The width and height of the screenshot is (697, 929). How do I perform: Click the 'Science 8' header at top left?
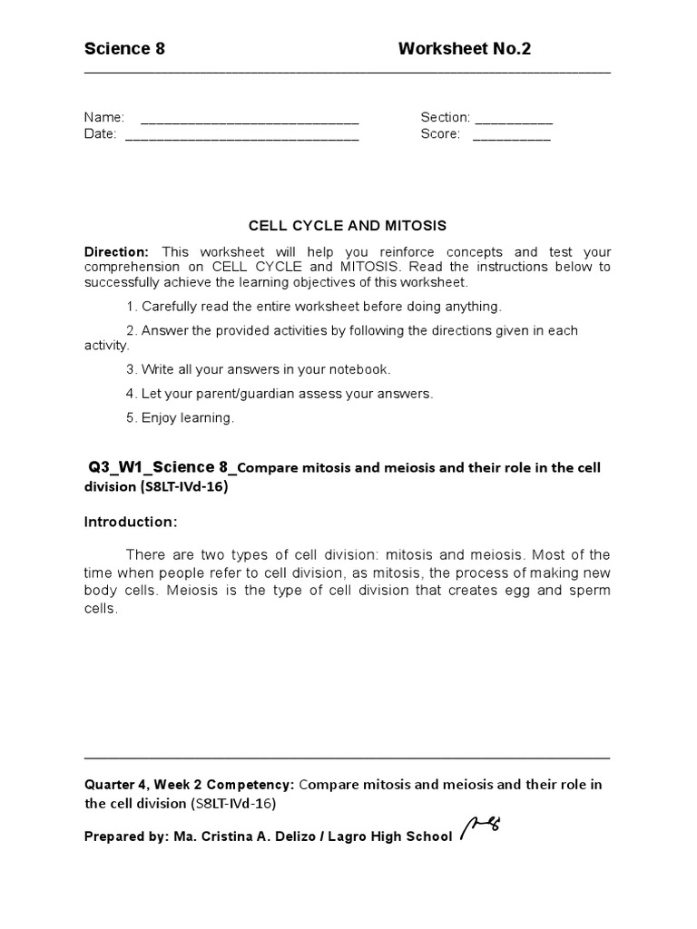point(124,49)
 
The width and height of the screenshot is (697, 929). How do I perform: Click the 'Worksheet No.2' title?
point(464,49)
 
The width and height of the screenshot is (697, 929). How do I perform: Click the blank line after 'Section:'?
point(514,119)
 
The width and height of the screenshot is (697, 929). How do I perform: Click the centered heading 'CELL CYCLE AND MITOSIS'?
point(348,225)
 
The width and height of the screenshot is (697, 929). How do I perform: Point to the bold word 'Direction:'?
point(116,251)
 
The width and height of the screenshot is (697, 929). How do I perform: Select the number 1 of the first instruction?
point(131,307)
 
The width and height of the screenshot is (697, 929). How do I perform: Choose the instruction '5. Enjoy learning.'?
point(180,418)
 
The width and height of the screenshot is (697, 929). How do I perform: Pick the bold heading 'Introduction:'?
point(131,523)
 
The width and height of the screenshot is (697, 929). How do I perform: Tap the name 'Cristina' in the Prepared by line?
point(224,836)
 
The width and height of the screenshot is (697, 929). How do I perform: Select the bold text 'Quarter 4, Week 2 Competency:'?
point(189,784)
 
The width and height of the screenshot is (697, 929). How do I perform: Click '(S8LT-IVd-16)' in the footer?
point(233,804)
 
